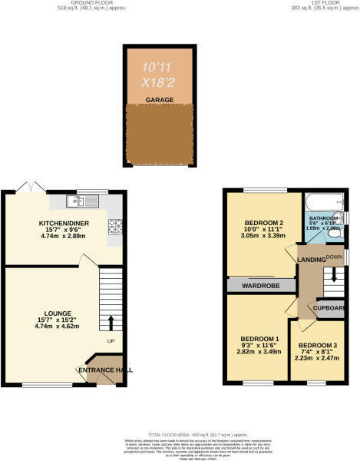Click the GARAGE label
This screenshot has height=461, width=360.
tap(159, 100)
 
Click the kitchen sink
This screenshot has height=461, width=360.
tap(74, 201)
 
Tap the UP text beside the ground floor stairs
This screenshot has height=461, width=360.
tap(110, 341)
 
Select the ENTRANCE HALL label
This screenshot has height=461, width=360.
tap(105, 370)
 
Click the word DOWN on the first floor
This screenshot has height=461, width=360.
tap(333, 256)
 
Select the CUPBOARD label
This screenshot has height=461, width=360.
tap(331, 309)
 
